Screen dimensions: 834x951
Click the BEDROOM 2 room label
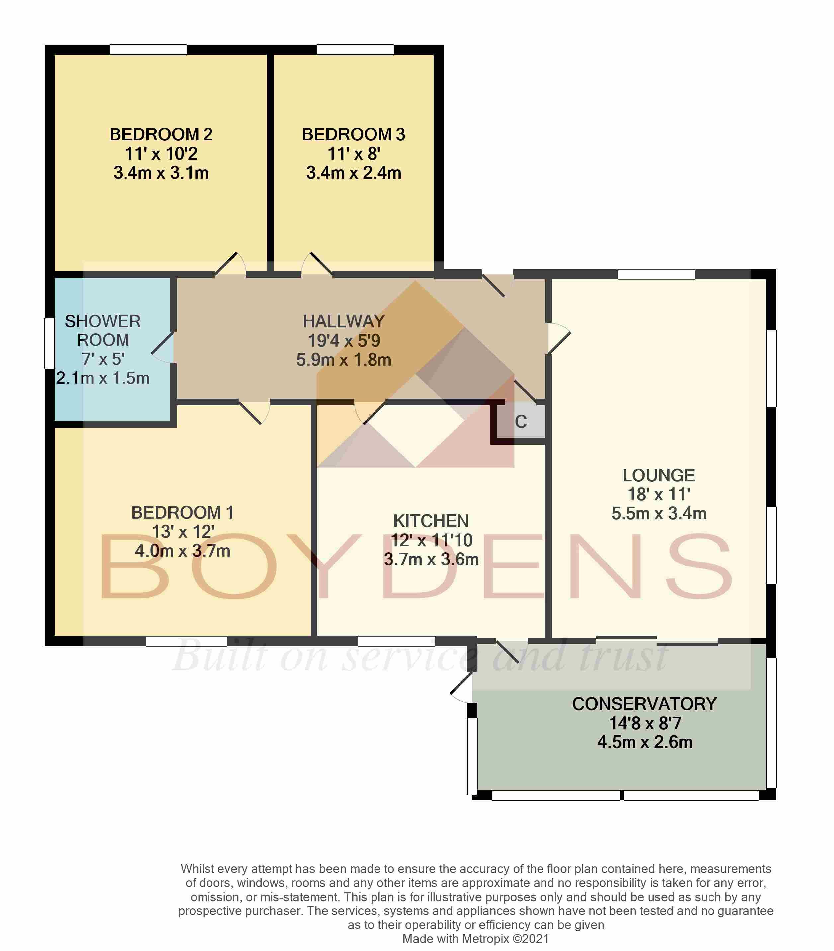161,134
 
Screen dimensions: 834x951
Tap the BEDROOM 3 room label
354,134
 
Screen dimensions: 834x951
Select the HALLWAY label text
344,321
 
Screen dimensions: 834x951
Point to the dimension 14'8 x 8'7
645,723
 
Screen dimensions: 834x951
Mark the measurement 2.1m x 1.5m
103,378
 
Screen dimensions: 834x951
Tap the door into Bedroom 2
230,264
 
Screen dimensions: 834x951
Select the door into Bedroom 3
317,264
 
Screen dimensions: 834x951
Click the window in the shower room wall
50,343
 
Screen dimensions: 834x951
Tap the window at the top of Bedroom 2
148,50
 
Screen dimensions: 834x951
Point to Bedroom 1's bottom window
187,641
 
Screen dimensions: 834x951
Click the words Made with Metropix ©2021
475,939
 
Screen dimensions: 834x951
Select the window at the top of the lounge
656,274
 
